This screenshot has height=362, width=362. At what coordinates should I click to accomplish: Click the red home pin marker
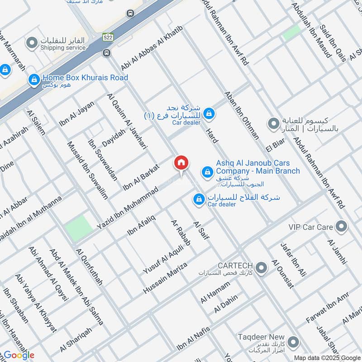tap(181, 163)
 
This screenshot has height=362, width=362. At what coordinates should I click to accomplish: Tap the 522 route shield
tap(107, 36)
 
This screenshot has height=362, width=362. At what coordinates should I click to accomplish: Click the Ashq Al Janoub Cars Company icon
tap(207, 171)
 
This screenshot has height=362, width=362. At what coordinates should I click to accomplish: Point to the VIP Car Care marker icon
tap(342, 227)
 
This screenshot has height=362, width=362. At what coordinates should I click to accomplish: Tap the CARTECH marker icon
tap(261, 268)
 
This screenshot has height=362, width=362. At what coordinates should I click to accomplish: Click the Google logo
tap(19, 355)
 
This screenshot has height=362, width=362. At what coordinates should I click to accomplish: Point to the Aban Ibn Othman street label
tap(242, 116)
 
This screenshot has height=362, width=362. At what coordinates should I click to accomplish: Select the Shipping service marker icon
tap(32, 43)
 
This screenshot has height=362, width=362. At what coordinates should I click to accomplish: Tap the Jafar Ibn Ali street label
tap(293, 260)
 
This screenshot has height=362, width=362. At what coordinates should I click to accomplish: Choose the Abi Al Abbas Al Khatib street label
tap(151, 48)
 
